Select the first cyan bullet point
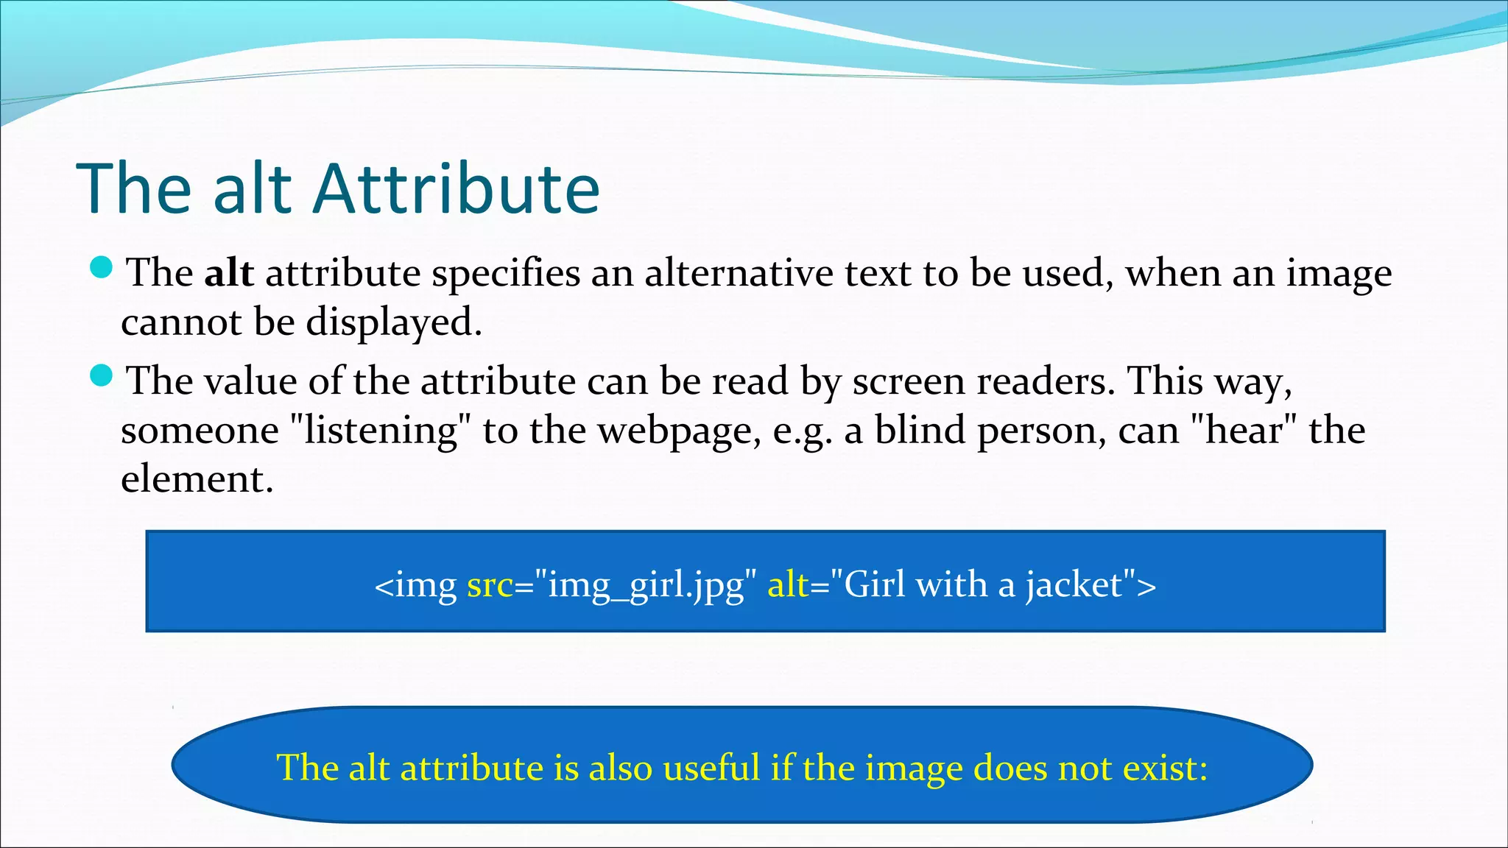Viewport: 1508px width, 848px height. click(x=101, y=268)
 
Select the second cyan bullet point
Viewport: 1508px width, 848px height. click(x=101, y=376)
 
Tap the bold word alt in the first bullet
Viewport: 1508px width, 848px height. click(x=228, y=273)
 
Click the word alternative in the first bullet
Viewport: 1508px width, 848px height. click(x=739, y=273)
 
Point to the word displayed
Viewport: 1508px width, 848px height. click(x=393, y=322)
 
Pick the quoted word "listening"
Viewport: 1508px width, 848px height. click(x=381, y=430)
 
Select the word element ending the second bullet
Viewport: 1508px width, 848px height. click(x=197, y=479)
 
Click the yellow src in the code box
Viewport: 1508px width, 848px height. click(x=490, y=585)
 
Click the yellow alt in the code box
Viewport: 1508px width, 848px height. click(x=788, y=585)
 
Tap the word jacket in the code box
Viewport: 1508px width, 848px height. click(x=1074, y=585)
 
